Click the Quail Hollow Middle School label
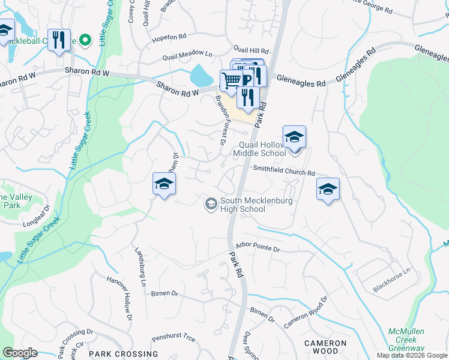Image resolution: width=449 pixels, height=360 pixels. (262, 149)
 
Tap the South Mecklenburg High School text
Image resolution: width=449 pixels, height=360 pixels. (243, 205)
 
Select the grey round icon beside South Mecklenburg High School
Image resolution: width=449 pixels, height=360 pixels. (211, 205)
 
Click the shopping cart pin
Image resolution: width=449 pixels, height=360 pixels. (231, 80)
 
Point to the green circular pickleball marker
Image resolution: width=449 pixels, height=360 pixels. (85, 41)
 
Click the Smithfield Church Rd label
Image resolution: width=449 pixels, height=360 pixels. (283, 172)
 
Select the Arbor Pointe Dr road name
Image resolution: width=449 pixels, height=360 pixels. (258, 247)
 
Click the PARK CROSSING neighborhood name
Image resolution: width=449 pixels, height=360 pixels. (123, 354)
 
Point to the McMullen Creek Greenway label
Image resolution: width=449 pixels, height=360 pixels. (406, 340)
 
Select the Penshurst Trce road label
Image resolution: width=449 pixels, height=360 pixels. (173, 338)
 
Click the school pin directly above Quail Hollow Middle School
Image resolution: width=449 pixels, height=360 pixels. (294, 137)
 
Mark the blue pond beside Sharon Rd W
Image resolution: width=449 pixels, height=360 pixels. (200, 76)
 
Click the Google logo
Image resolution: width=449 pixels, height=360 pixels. (20, 353)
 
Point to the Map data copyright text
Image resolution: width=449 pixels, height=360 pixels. (412, 355)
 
